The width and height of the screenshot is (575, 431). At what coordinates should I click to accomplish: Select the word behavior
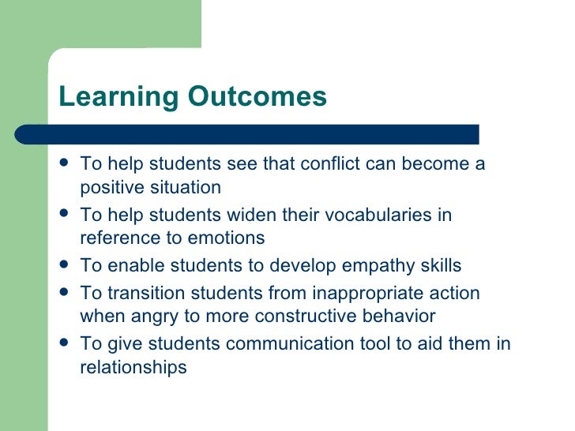click(393, 316)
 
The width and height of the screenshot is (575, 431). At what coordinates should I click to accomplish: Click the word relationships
click(133, 367)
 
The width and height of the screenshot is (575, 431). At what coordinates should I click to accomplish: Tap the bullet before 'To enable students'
click(64, 265)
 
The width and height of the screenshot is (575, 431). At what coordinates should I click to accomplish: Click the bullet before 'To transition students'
click(64, 293)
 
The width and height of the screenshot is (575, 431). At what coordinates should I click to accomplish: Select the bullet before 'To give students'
click(64, 343)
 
